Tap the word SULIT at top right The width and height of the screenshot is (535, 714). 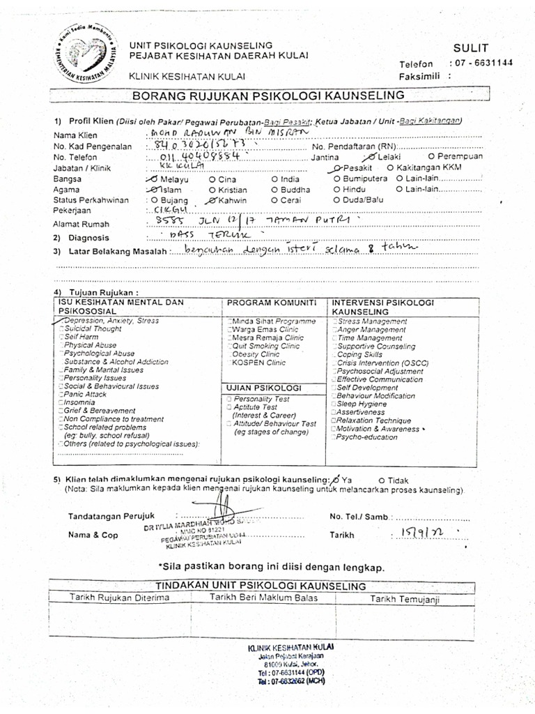tap(472, 47)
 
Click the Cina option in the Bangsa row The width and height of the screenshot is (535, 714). tap(226, 179)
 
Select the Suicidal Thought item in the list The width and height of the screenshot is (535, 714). tap(92, 328)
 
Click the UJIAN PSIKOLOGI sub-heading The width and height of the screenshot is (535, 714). tap(263, 387)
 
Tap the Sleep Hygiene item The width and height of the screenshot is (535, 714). tap(363, 404)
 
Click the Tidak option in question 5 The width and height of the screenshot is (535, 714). tap(396, 480)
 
